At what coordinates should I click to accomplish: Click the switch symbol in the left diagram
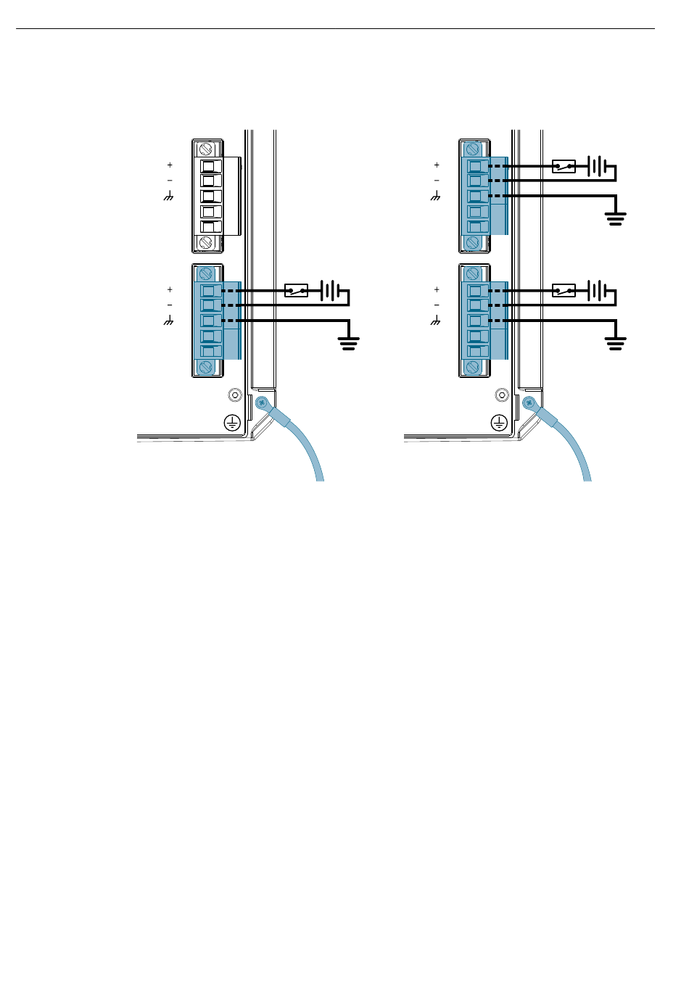click(296, 291)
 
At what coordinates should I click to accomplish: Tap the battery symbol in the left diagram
click(330, 292)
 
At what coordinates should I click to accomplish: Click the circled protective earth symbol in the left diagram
click(231, 422)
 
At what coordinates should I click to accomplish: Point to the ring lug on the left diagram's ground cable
click(262, 402)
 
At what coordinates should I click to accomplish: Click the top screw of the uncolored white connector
click(205, 149)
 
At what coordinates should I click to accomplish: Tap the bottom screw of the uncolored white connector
click(205, 242)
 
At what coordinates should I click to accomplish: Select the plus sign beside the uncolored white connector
click(170, 165)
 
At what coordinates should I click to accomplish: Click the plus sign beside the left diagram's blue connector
click(170, 289)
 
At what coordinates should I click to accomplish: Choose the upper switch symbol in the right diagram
click(564, 167)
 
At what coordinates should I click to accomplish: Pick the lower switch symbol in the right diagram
click(564, 291)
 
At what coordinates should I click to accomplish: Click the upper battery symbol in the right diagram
click(597, 167)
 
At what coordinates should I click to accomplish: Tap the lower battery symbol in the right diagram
click(597, 291)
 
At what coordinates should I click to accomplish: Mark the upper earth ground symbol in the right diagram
click(616, 218)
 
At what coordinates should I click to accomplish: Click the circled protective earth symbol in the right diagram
click(498, 422)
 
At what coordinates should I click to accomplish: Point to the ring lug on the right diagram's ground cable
click(529, 402)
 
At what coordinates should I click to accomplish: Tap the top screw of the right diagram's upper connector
click(472, 149)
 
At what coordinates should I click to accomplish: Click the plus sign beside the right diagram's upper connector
click(437, 165)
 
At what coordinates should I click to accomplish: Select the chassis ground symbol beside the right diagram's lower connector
click(436, 321)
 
